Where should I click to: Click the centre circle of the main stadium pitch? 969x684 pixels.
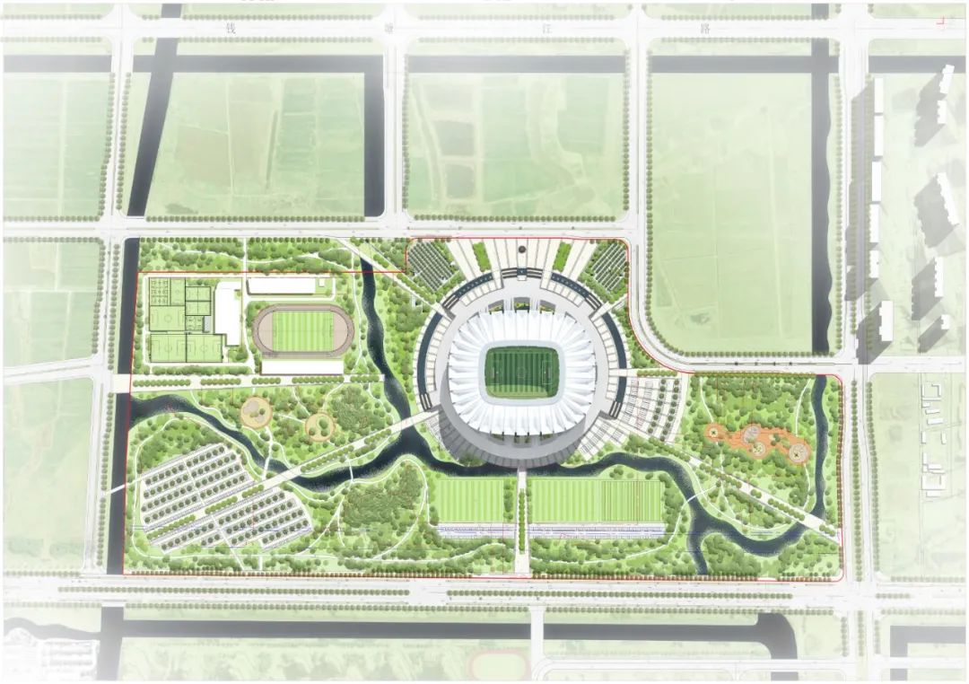[x=521, y=372]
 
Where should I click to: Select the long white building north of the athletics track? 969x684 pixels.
[x=282, y=285]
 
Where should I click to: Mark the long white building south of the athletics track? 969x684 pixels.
[x=301, y=367]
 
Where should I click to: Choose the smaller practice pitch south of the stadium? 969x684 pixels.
[x=470, y=500]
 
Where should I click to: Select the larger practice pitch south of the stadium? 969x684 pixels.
[x=596, y=500]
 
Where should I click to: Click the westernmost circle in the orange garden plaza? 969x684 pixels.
[x=715, y=434]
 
